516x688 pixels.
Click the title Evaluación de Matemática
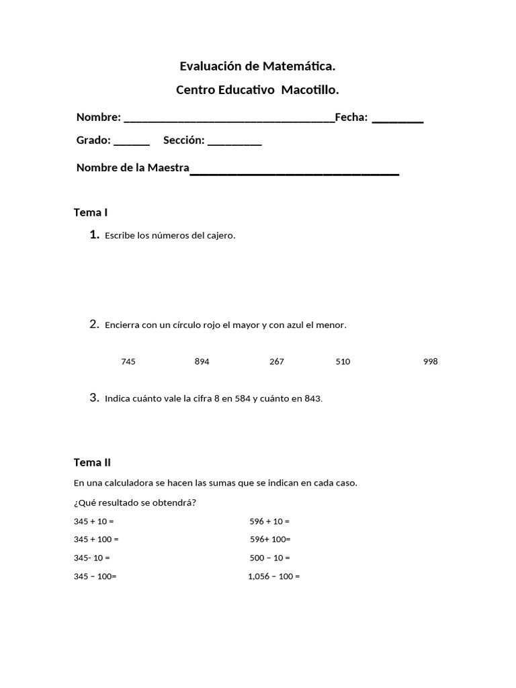click(257, 67)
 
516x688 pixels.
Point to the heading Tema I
click(91, 212)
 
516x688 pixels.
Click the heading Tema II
click(92, 462)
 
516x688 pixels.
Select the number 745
click(128, 361)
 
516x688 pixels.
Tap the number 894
click(202, 361)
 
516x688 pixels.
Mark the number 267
click(276, 361)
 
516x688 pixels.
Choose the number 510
click(343, 361)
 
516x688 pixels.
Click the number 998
click(430, 361)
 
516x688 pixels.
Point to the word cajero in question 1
click(221, 235)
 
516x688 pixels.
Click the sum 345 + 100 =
click(96, 540)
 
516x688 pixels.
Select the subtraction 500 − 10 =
click(269, 558)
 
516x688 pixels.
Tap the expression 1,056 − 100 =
click(273, 576)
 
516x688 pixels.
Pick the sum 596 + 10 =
click(269, 521)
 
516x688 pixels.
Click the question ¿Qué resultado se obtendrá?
click(134, 503)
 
